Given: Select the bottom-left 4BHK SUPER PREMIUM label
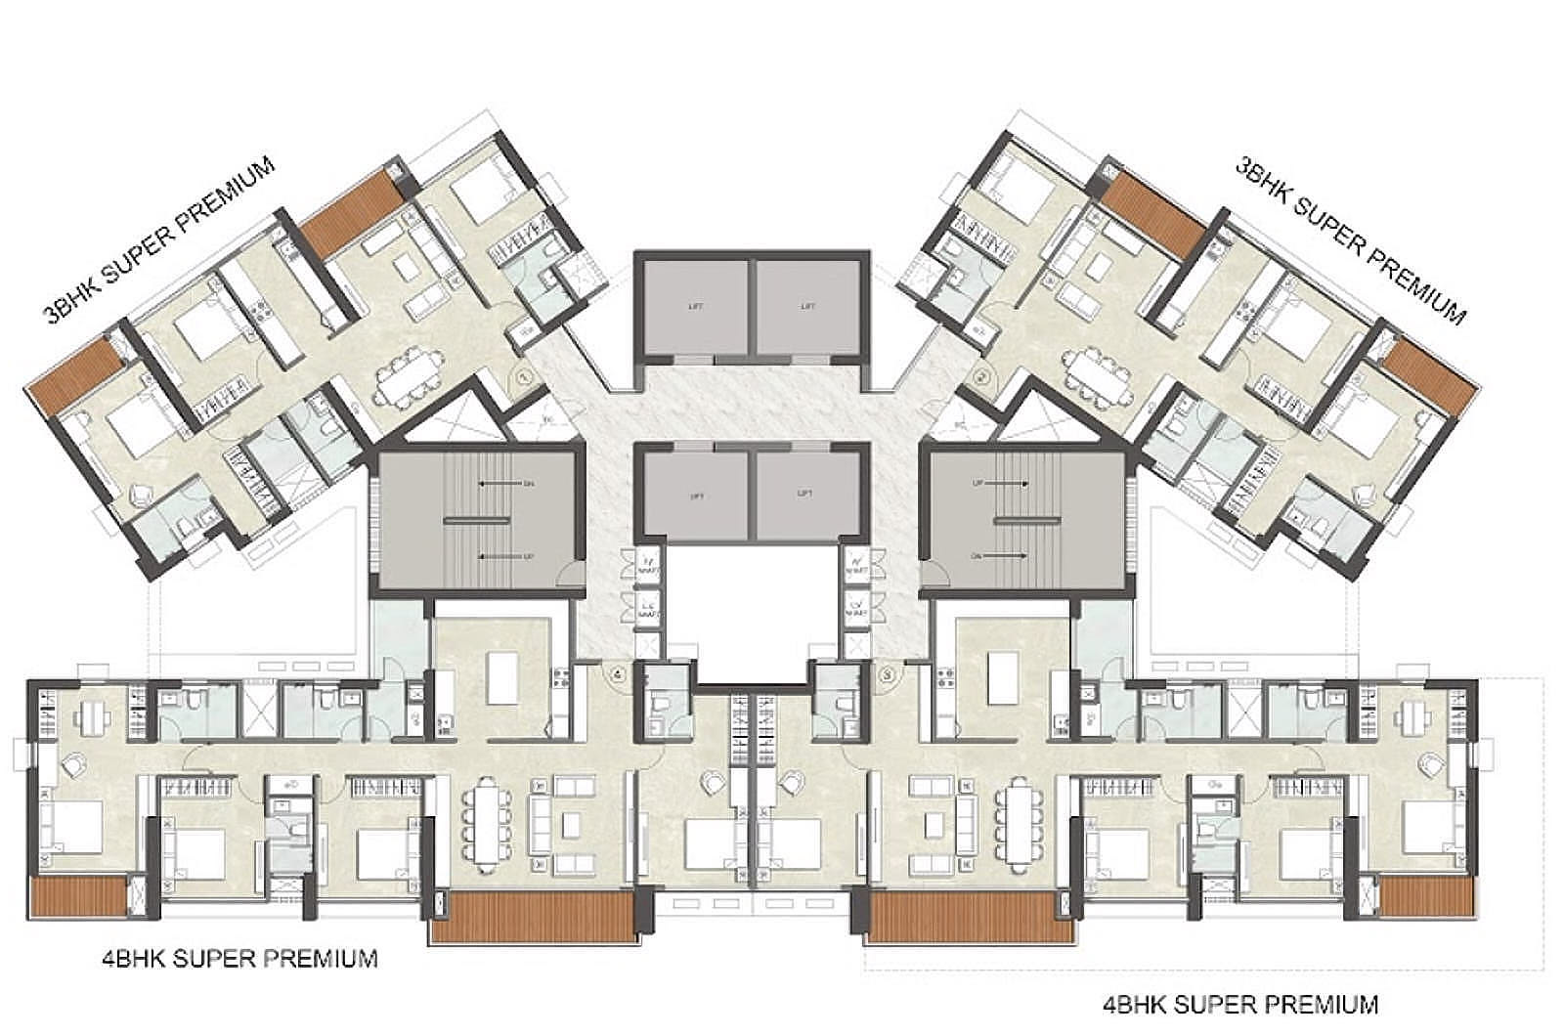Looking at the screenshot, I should [239, 958].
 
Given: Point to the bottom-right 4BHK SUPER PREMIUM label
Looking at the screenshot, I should [1239, 1004].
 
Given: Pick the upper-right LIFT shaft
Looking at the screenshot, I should [808, 307].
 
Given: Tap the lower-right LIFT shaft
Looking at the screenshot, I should [808, 496].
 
